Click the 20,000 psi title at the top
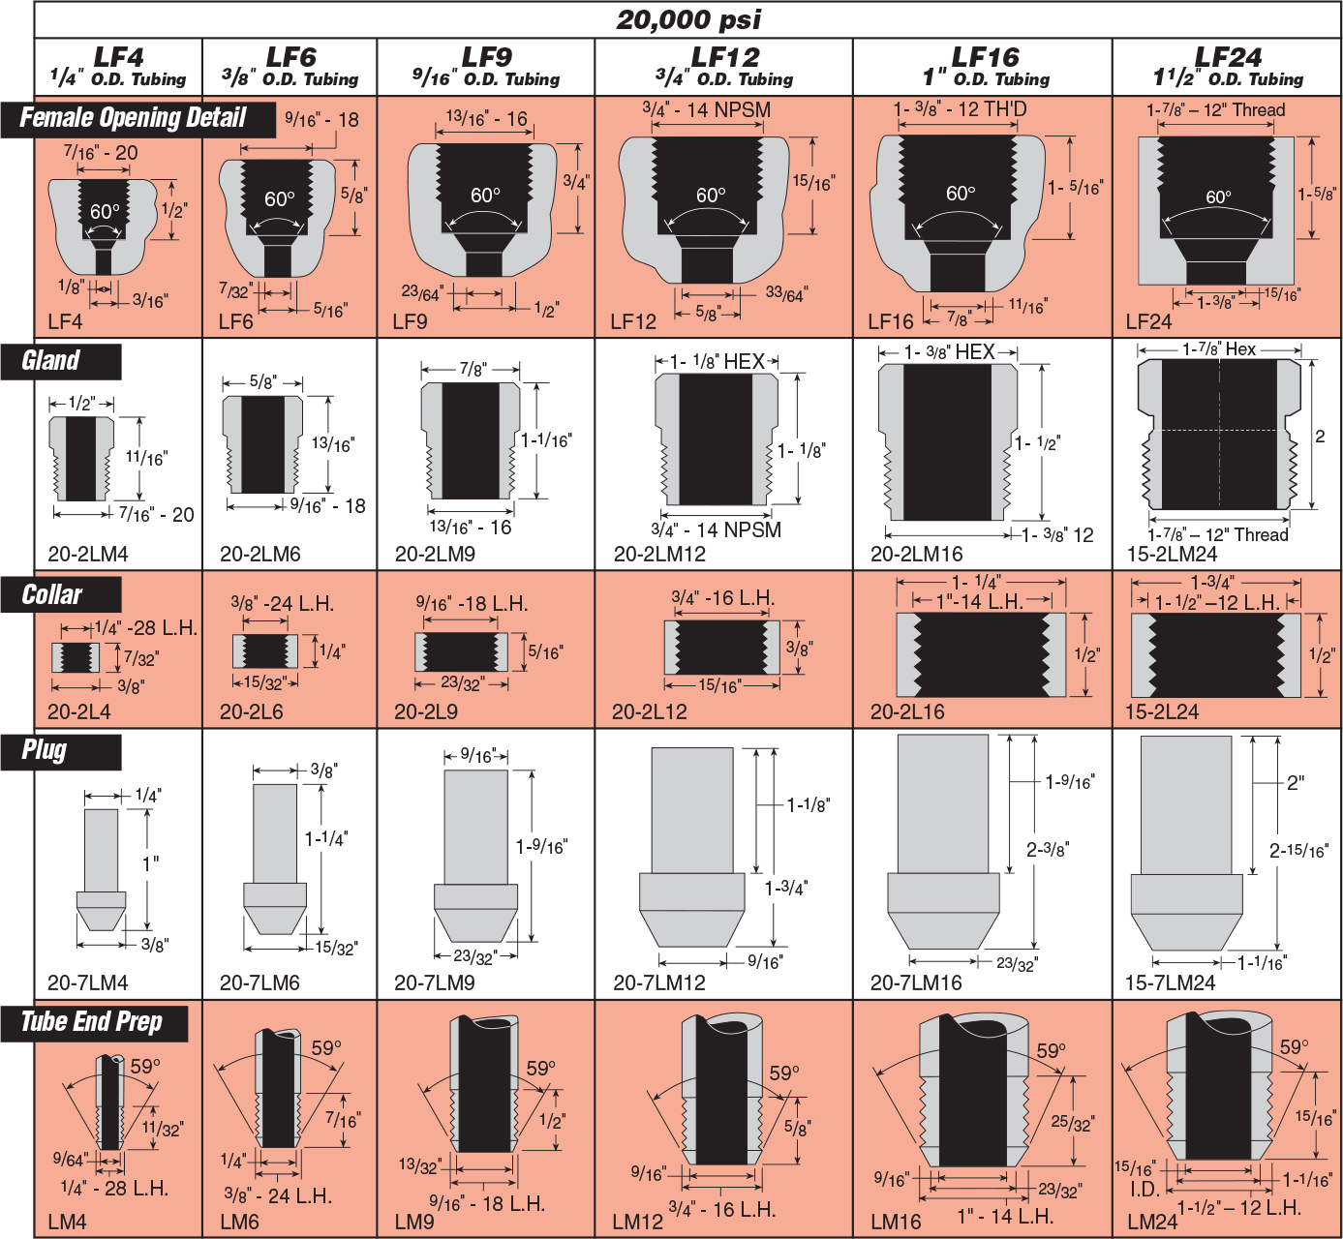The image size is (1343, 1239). [x=688, y=19]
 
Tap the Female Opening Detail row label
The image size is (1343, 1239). [x=133, y=118]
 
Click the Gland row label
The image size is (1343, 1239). [x=50, y=360]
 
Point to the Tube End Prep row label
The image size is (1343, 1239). [x=92, y=1022]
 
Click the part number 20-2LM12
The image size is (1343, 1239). [x=659, y=554]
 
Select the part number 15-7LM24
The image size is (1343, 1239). [x=1170, y=982]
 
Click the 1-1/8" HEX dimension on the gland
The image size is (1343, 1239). [x=717, y=361]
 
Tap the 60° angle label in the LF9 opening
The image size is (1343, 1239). [x=485, y=196]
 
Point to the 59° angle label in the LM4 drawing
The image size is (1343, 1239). [x=144, y=1067]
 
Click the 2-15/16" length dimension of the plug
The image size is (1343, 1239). [x=1298, y=851]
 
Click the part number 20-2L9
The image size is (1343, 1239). [x=426, y=711]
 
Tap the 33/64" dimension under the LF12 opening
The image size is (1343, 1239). [x=786, y=294]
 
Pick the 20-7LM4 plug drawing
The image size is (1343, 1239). [x=101, y=869]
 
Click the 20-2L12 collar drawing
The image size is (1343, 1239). [x=721, y=648]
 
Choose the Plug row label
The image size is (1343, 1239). [x=44, y=750]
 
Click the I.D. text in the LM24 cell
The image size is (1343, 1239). [x=1145, y=1189]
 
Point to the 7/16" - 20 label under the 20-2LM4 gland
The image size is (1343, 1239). [x=156, y=515]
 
